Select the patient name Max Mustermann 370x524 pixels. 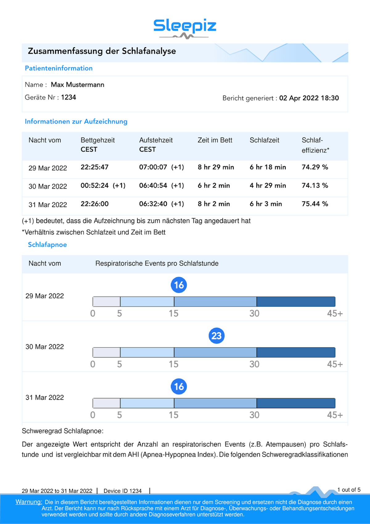(77, 85)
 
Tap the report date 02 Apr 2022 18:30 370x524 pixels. (309, 98)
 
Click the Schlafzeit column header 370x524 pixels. (264, 140)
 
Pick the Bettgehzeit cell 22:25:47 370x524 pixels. (94, 167)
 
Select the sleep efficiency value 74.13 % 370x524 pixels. (314, 185)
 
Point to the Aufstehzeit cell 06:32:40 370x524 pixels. (153, 204)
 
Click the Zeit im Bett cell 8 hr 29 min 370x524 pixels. (216, 167)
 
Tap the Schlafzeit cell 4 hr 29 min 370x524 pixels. (268, 185)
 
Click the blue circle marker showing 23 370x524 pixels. (216, 336)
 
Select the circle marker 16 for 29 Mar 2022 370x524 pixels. (179, 285)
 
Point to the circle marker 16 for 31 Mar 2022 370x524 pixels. (179, 386)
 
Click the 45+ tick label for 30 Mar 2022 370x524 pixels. (335, 364)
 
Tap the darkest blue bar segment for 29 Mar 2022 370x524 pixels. (296, 302)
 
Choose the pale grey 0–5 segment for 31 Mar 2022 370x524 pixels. (106, 403)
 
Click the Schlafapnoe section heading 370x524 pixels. (47, 245)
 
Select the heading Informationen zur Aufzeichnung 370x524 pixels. (76, 122)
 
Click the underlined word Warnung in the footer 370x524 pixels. (29, 502)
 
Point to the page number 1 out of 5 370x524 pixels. (349, 490)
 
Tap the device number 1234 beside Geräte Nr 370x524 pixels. (68, 98)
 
